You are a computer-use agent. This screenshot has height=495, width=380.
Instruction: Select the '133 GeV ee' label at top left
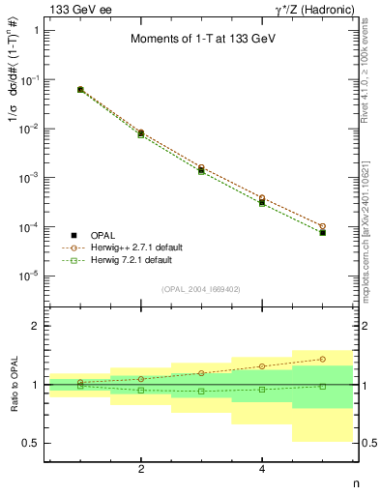click(79, 10)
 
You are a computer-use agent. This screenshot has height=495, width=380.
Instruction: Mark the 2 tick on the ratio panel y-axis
click(39, 326)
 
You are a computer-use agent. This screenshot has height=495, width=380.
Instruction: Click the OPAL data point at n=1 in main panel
click(80, 90)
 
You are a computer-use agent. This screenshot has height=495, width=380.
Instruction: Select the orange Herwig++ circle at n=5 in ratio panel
click(322, 359)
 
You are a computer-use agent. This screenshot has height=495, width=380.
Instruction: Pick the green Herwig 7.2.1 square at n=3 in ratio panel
click(201, 391)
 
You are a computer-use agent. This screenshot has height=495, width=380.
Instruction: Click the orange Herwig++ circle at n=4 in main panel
click(262, 198)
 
